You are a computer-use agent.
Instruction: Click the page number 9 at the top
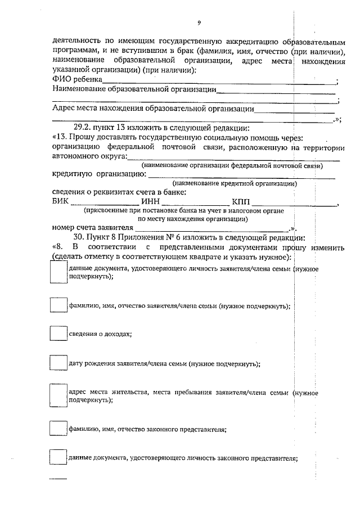pyautogui.click(x=199, y=22)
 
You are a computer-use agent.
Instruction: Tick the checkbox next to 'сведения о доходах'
pyautogui.click(x=58, y=334)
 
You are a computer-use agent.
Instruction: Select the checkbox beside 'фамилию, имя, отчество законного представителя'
pyautogui.click(x=58, y=429)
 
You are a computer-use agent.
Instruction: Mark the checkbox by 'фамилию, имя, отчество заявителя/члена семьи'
pyautogui.click(x=58, y=305)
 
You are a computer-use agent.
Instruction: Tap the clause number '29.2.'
pyautogui.click(x=85, y=127)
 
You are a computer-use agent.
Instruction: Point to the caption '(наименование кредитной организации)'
pyautogui.click(x=235, y=183)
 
